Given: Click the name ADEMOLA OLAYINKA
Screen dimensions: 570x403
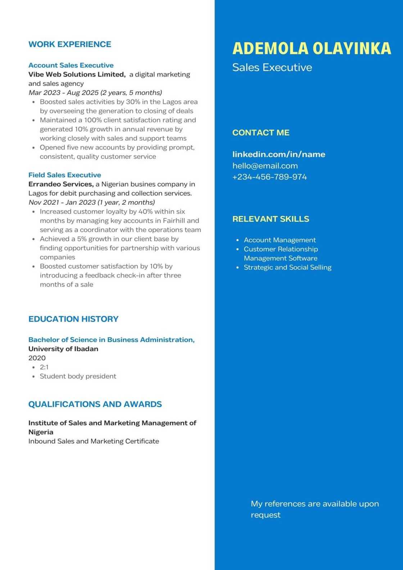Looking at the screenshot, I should (x=312, y=49).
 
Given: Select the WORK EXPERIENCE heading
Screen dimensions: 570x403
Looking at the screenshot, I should (x=70, y=44).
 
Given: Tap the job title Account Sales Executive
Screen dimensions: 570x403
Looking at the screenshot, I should (x=71, y=65).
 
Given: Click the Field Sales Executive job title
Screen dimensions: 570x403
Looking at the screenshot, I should (x=65, y=175).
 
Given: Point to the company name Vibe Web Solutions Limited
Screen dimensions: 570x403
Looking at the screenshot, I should (x=77, y=74).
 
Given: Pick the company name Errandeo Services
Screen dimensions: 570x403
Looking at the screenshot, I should (x=61, y=184).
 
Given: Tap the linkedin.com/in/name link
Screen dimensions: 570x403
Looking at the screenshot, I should (x=279, y=154).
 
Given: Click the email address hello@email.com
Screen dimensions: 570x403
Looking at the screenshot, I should (x=265, y=166).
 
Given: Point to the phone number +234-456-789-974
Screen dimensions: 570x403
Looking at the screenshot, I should (x=270, y=177).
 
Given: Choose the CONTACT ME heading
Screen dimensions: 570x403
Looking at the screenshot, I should (x=261, y=132).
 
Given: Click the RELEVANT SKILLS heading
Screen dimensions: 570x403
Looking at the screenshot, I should (x=271, y=219).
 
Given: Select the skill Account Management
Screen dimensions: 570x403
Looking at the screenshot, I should (x=280, y=240).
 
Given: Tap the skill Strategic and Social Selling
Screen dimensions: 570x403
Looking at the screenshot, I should (x=287, y=267).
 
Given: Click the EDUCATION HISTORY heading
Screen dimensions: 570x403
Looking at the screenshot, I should (x=73, y=319).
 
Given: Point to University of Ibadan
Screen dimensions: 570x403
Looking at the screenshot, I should (x=63, y=349).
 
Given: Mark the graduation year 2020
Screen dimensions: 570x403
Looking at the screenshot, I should (x=37, y=358).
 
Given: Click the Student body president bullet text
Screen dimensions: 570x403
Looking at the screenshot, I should (x=78, y=376).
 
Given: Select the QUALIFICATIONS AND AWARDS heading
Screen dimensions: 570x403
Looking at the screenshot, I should (x=95, y=404).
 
